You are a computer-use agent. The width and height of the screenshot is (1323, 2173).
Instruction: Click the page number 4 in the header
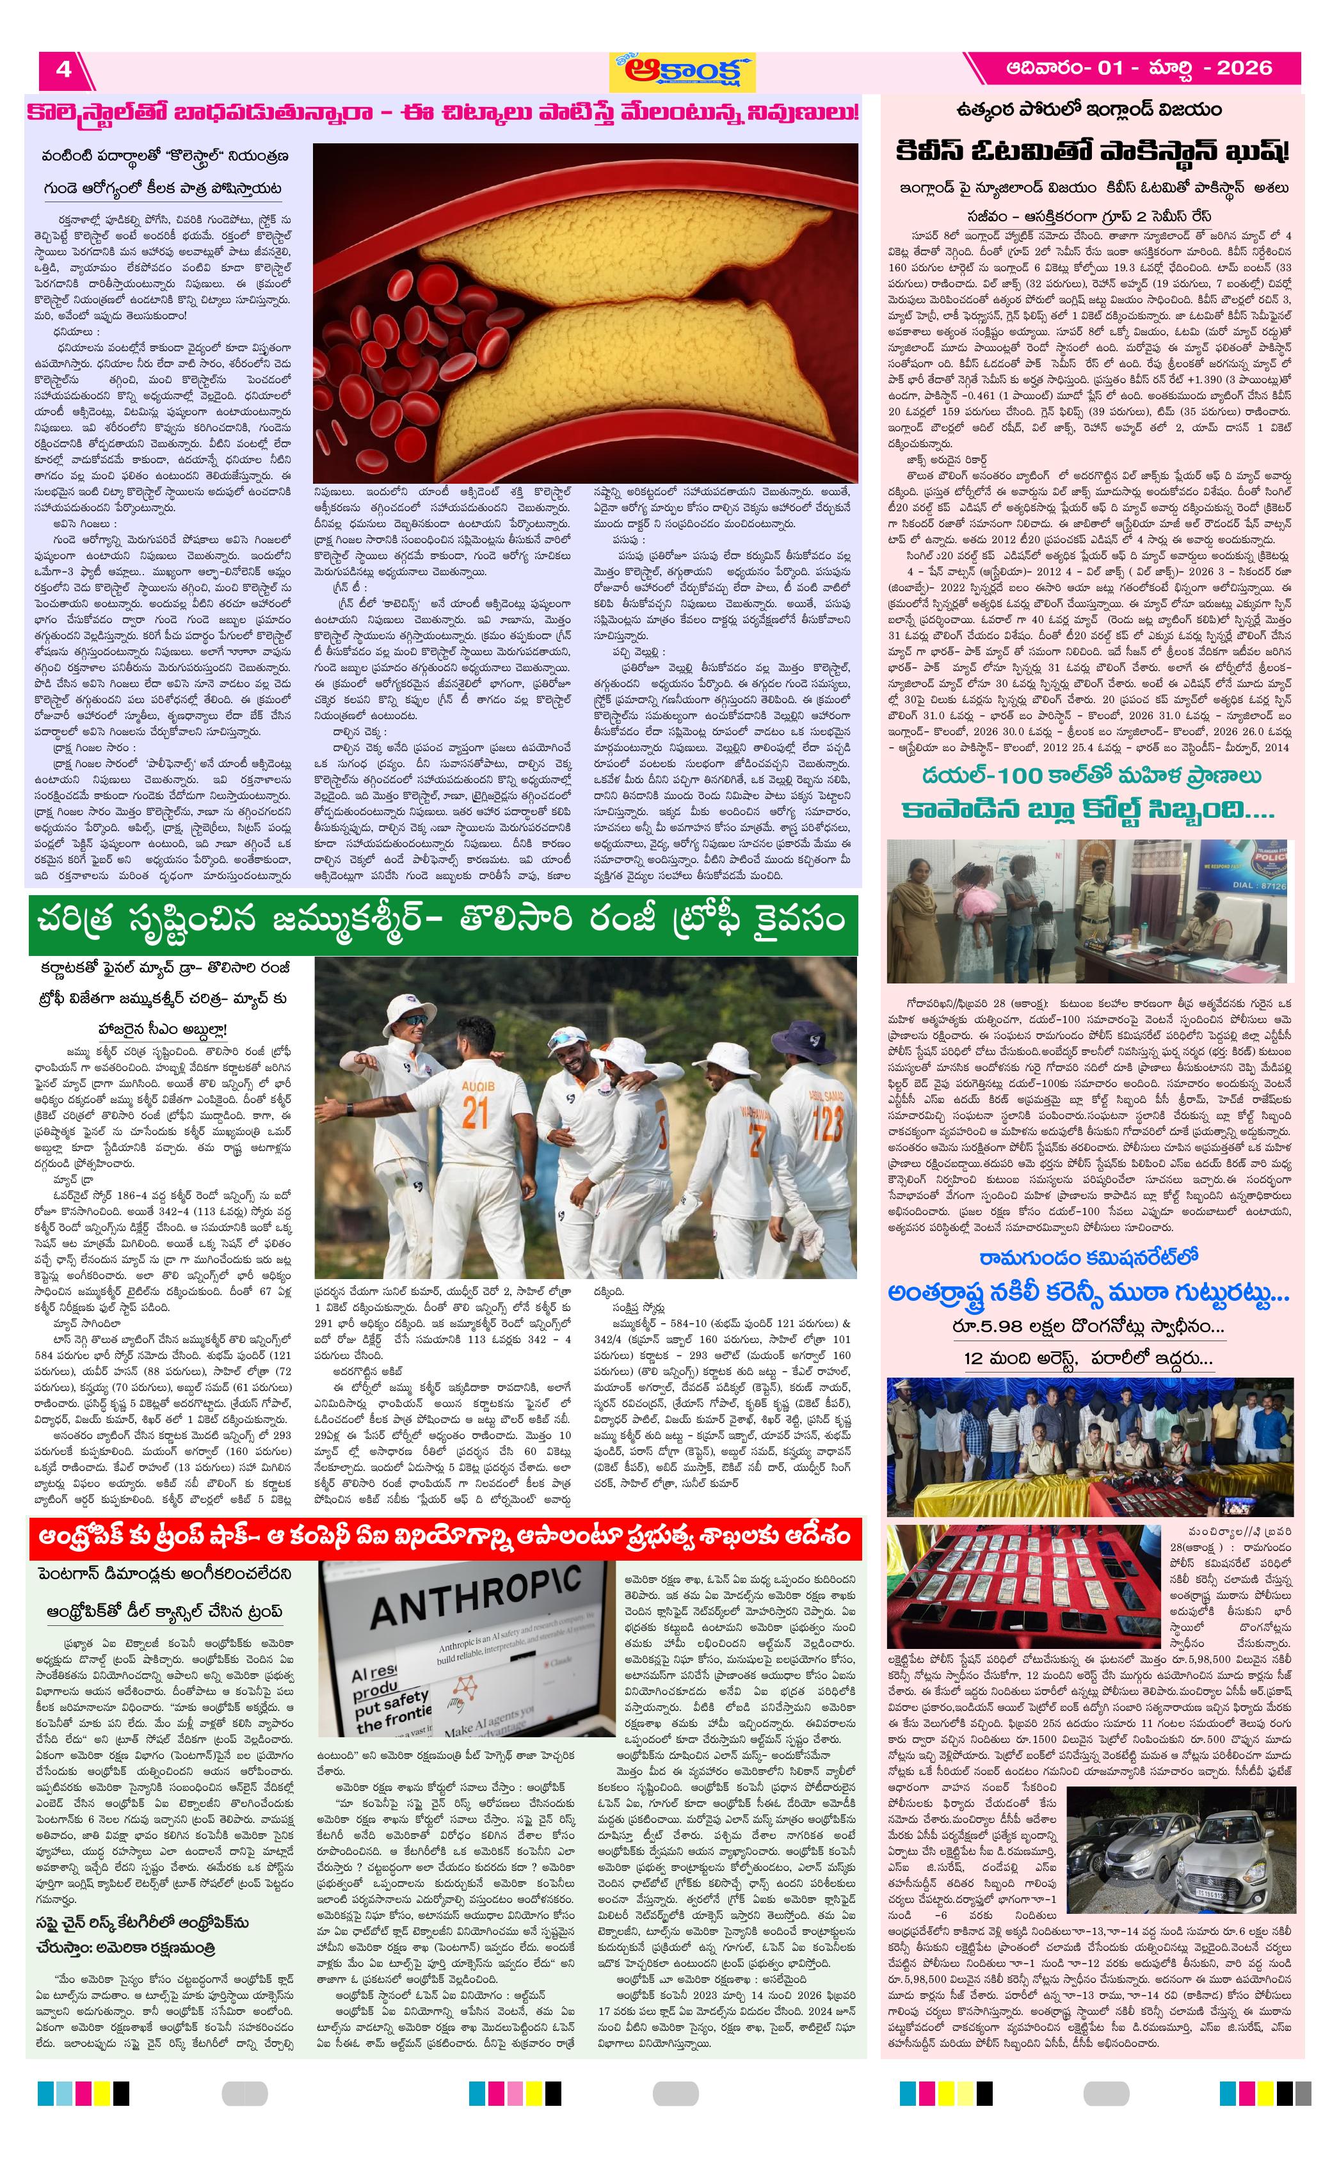(63, 69)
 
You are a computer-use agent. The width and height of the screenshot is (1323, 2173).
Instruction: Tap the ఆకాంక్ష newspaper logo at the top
(684, 70)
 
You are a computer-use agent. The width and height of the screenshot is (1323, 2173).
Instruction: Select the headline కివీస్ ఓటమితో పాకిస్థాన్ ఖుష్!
(1091, 152)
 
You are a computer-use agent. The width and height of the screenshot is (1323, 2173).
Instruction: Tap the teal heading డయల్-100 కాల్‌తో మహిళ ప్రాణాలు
(1091, 777)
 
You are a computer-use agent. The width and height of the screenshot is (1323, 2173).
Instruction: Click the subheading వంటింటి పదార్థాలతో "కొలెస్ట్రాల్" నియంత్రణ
(165, 157)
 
